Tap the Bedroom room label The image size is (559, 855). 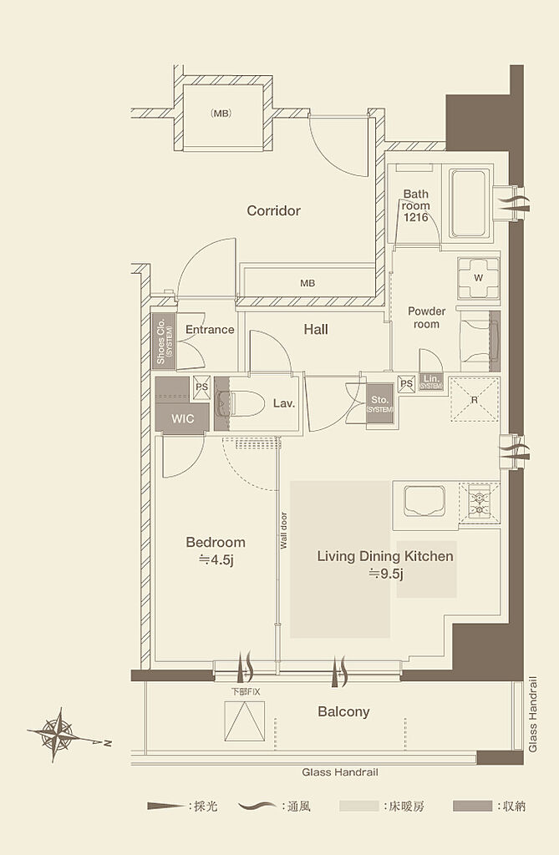coord(215,543)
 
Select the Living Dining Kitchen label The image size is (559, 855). coord(385,556)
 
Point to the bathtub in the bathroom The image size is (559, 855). coord(470,203)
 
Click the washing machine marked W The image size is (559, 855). coord(478,277)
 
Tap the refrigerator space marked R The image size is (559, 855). coord(475,399)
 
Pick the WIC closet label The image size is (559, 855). coord(182,419)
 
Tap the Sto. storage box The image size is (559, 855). coord(379,402)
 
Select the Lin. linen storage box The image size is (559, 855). coord(430,382)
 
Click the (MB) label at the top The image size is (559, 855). coord(221,114)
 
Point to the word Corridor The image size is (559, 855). coord(273,210)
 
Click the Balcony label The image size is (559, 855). coord(343,711)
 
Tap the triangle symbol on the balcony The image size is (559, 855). coord(245,721)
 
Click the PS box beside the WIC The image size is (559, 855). coord(201,387)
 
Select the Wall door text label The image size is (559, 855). coord(283,530)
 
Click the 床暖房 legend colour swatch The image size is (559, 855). coord(358,806)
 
